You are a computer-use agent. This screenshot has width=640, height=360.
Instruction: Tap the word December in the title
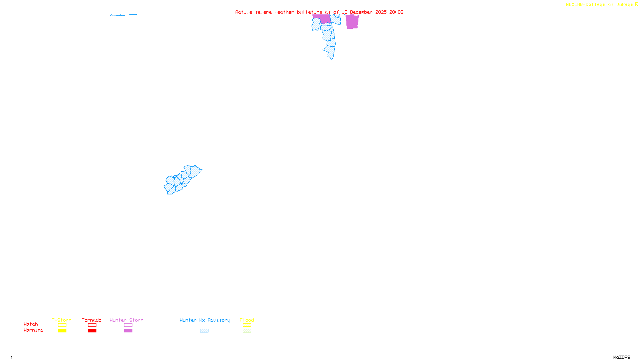point(361,12)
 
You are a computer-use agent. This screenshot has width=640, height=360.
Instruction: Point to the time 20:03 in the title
point(396,12)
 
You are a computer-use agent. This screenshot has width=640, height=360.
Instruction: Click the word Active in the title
point(244,12)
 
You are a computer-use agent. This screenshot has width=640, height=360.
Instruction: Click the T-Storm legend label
point(62,320)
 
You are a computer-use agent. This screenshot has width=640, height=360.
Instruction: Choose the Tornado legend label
point(92,320)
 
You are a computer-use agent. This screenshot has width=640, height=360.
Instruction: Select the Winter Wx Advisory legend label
point(205,320)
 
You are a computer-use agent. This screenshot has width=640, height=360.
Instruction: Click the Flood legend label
point(247,320)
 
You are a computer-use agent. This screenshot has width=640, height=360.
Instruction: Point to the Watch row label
point(31,324)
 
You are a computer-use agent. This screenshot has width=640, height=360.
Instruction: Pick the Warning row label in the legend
point(33,330)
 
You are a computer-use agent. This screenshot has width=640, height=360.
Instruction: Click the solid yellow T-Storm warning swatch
point(62,331)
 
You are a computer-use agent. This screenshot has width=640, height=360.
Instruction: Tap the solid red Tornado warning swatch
point(92,331)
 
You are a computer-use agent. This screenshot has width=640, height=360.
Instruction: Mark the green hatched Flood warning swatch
point(247,331)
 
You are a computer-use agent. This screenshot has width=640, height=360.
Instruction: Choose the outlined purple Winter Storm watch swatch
point(128,325)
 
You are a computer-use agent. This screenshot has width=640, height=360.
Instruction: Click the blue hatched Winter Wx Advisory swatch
point(204,331)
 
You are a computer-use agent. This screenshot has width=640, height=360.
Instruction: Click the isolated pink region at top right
point(352,22)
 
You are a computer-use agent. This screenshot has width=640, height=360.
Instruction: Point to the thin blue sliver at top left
point(123,15)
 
